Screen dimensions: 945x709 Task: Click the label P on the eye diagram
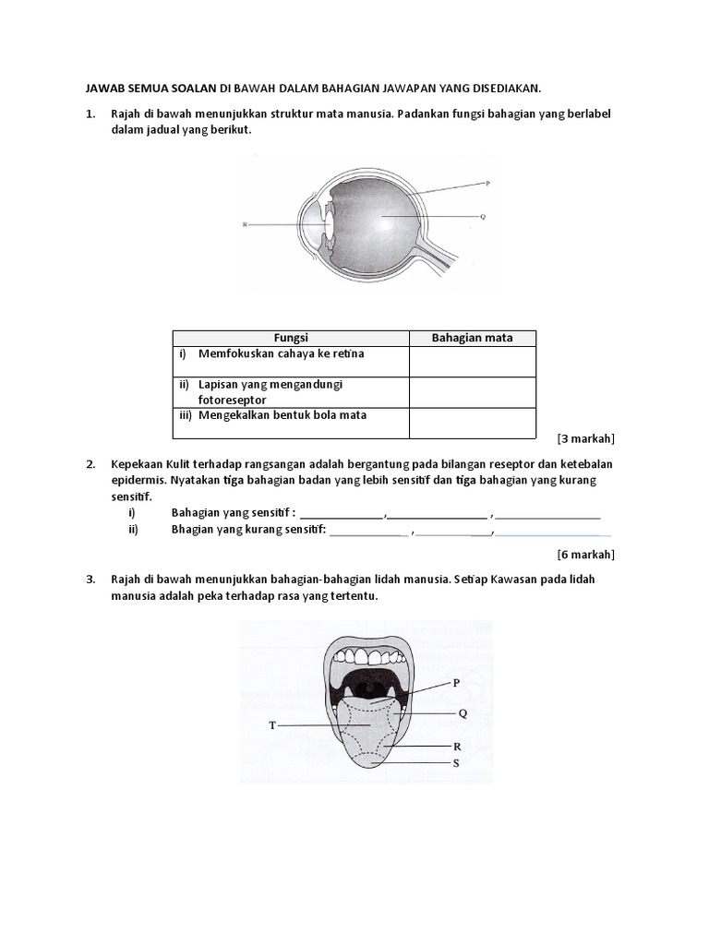(x=487, y=183)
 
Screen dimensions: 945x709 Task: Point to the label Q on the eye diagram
(x=483, y=217)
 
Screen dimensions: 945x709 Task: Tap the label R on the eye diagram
(x=245, y=224)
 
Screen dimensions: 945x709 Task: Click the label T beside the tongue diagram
(x=272, y=726)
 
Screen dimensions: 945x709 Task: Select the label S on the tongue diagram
(x=456, y=763)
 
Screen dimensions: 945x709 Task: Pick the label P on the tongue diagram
(x=455, y=684)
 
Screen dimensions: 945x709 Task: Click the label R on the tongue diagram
(x=456, y=746)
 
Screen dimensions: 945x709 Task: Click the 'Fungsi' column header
(x=291, y=338)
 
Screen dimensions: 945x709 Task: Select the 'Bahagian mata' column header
(x=472, y=338)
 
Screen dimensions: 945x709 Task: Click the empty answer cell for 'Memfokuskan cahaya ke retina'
(x=472, y=361)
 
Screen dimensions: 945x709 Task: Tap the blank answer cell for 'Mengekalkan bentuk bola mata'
(x=472, y=423)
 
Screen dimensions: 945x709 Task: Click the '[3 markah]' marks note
(x=586, y=438)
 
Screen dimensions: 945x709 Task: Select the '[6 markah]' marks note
(x=586, y=555)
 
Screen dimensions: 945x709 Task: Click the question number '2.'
(x=90, y=463)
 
